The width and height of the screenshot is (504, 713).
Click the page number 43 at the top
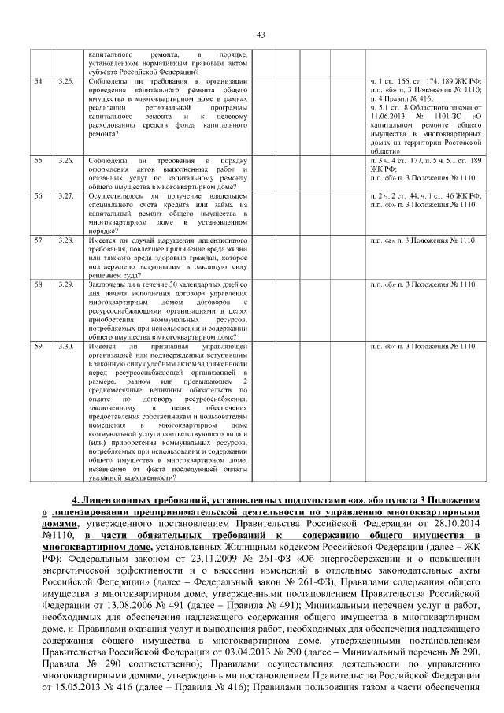[261, 33]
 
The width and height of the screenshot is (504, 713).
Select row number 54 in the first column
[38, 81]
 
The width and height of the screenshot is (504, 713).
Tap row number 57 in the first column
[38, 238]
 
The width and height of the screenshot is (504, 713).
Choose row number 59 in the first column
[38, 346]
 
